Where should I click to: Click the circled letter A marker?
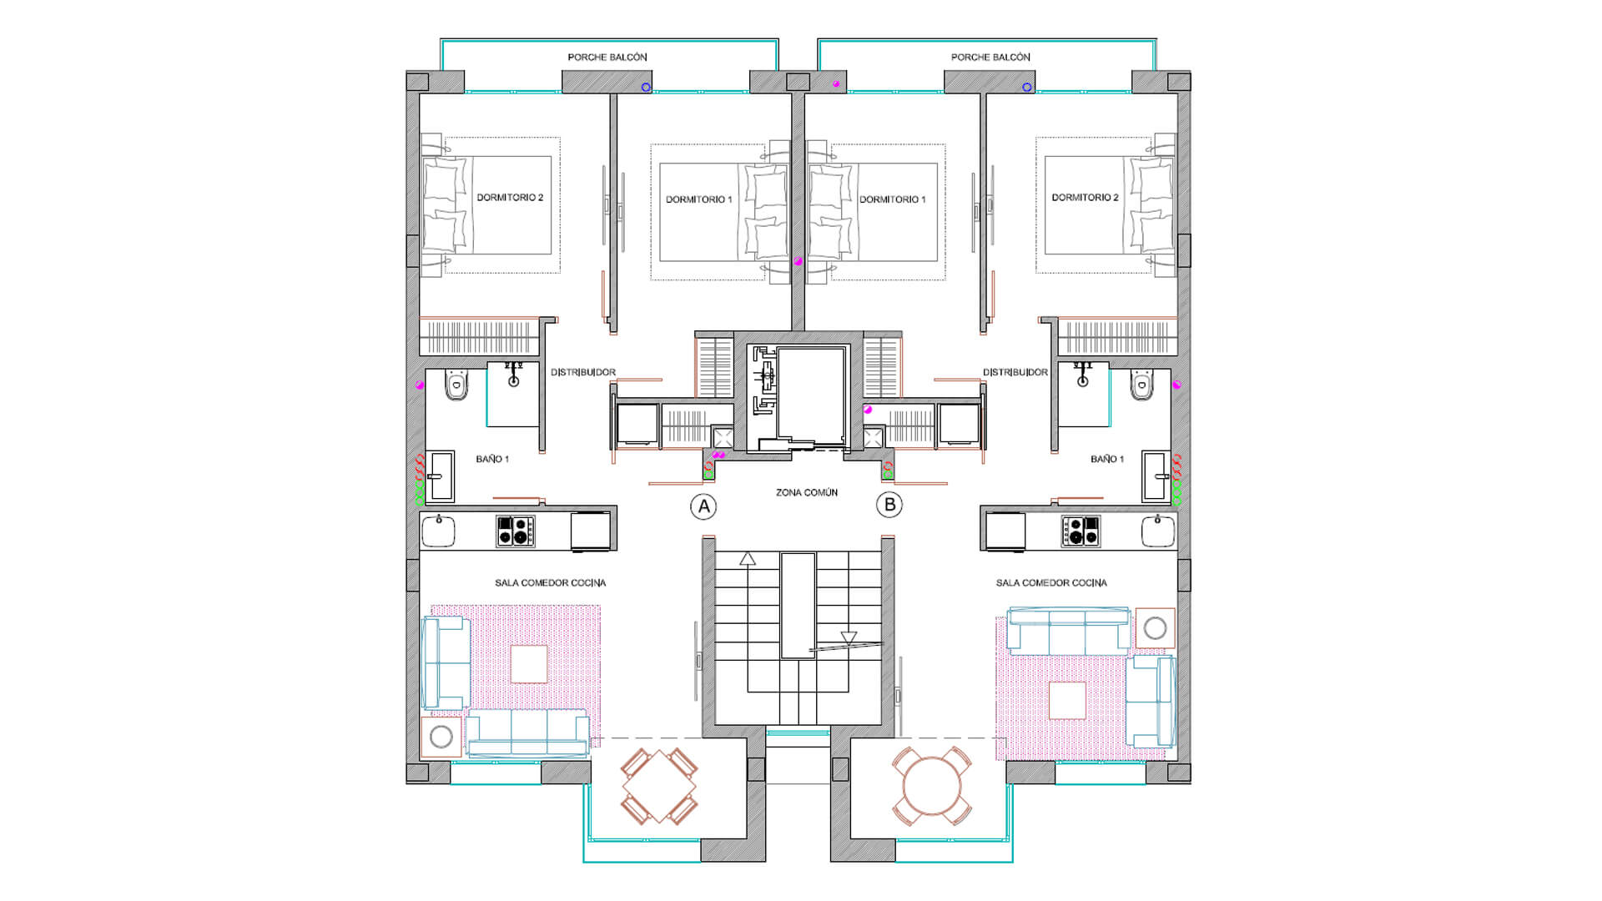[x=703, y=506]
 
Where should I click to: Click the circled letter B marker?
[x=889, y=505]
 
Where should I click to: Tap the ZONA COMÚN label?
[x=806, y=493]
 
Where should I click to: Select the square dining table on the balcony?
[x=659, y=787]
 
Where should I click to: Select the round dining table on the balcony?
[x=932, y=787]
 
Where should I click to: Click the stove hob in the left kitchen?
[x=515, y=531]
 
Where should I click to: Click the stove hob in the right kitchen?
[x=1081, y=531]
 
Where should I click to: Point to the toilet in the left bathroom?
[x=456, y=385]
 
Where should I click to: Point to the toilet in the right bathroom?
[x=1142, y=385]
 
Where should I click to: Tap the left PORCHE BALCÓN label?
[x=607, y=58]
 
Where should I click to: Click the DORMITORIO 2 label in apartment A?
[x=509, y=198]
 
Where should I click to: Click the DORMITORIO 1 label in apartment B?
[x=892, y=199]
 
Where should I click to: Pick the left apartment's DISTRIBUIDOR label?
[x=582, y=373]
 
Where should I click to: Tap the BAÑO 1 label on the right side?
[x=1106, y=460]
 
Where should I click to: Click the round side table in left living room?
[x=441, y=737]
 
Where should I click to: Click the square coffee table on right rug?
[x=1066, y=700]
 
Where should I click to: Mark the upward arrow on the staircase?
[x=747, y=559]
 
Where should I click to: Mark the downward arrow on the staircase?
[x=849, y=638]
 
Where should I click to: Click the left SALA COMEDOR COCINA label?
[x=550, y=583]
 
